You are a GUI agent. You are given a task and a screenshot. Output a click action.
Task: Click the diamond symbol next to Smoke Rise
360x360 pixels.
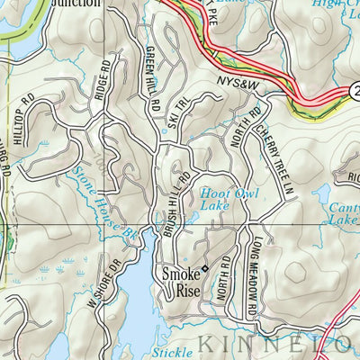(x=205, y=267)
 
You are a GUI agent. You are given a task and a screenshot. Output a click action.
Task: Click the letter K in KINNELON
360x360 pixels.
(x=206, y=343)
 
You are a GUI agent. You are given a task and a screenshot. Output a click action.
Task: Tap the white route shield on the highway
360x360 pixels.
(x=354, y=90)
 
